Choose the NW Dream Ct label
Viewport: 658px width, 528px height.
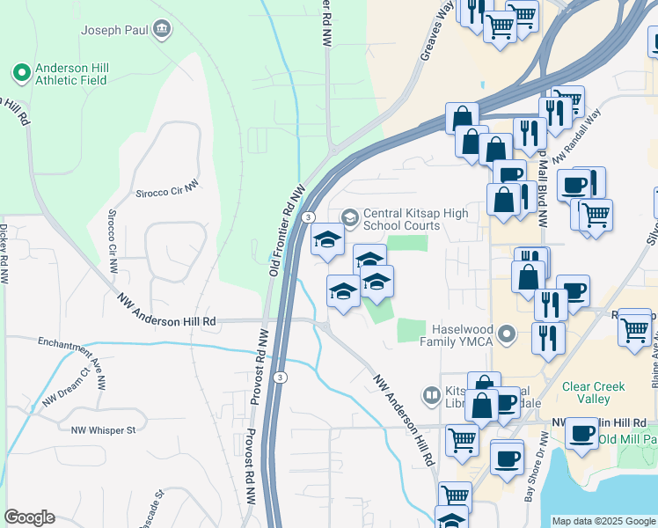click(66, 388)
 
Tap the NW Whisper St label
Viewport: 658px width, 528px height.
click(104, 429)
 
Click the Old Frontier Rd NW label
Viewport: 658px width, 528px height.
click(287, 231)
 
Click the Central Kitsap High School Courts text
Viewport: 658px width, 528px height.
click(403, 219)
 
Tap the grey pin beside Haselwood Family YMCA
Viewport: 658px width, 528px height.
click(507, 334)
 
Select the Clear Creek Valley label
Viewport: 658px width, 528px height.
click(594, 392)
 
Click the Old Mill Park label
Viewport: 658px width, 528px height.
click(628, 439)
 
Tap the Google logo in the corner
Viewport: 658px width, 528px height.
click(29, 517)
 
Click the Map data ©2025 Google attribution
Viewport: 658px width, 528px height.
click(603, 521)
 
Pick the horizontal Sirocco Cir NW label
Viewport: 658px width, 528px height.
click(168, 192)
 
